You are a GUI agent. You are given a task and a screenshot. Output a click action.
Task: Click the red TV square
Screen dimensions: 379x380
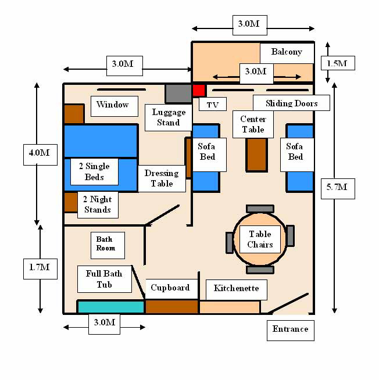click(x=199, y=91)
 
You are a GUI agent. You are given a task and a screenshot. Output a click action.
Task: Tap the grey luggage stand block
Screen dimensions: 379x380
click(x=178, y=94)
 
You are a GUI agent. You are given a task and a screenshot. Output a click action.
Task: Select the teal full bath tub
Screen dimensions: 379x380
click(x=111, y=307)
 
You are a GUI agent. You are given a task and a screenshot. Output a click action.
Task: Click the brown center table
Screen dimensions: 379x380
click(x=256, y=155)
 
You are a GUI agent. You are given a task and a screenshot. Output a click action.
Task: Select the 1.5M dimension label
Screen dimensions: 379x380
click(x=338, y=63)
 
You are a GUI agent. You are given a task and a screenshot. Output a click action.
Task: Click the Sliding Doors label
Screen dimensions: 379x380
click(x=291, y=103)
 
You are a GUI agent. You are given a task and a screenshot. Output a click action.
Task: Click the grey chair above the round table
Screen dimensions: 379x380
click(x=260, y=209)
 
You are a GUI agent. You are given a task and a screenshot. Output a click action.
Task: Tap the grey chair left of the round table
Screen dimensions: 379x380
click(x=230, y=243)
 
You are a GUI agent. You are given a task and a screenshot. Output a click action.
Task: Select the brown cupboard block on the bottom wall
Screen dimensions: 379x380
click(x=171, y=307)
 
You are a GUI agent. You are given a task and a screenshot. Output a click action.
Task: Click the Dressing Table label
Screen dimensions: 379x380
click(x=162, y=178)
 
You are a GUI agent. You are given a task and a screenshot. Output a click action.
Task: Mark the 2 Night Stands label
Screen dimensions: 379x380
click(x=98, y=205)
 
